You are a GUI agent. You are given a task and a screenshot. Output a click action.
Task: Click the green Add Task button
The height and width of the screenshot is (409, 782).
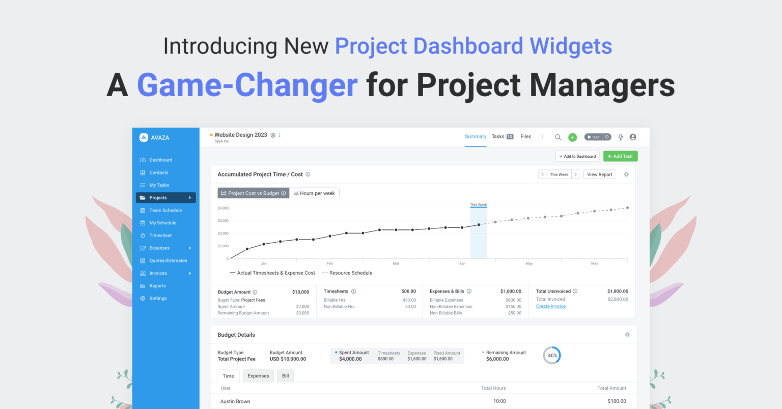click(620, 156)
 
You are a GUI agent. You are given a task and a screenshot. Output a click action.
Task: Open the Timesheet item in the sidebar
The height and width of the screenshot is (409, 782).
click(160, 236)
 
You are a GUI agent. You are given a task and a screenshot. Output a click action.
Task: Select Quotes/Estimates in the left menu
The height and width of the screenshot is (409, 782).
click(168, 260)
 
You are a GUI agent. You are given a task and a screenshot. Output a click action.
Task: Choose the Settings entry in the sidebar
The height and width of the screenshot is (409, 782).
click(158, 299)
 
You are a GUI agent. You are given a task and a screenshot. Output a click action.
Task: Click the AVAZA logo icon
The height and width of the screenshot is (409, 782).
click(144, 137)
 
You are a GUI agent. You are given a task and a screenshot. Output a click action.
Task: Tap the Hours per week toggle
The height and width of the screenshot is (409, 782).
click(314, 193)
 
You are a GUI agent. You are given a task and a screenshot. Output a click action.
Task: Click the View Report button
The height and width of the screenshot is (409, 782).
click(599, 174)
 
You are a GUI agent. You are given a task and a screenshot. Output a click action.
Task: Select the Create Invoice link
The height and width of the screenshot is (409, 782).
click(550, 306)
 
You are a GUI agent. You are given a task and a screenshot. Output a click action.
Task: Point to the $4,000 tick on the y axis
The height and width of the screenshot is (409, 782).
click(223, 208)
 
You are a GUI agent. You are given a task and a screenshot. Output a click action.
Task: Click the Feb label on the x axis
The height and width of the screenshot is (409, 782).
click(330, 264)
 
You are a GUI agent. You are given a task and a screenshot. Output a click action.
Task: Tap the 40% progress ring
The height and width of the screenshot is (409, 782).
click(552, 356)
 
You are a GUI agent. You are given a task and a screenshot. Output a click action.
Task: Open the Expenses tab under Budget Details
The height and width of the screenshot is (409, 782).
click(258, 376)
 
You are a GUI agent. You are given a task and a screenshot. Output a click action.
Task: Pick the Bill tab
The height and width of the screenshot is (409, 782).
click(285, 376)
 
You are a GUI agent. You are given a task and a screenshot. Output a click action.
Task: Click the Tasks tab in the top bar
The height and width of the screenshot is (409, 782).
click(498, 136)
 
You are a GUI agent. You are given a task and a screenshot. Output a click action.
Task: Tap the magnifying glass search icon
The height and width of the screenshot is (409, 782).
click(557, 137)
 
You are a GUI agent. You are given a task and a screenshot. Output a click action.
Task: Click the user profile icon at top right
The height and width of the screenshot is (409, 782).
click(633, 137)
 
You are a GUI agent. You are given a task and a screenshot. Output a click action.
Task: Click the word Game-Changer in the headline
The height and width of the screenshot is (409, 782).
click(247, 85)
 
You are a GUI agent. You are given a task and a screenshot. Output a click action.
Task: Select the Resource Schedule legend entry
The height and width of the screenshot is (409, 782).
click(350, 273)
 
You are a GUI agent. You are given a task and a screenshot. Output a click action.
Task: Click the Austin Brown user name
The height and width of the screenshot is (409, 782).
click(235, 401)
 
